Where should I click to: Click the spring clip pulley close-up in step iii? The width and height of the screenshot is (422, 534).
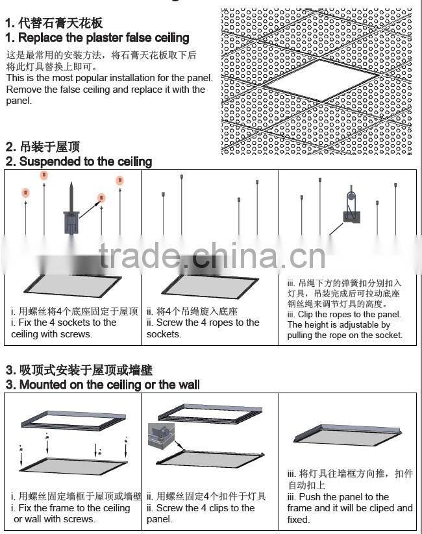351,208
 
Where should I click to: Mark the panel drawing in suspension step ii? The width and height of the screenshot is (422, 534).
206,284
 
